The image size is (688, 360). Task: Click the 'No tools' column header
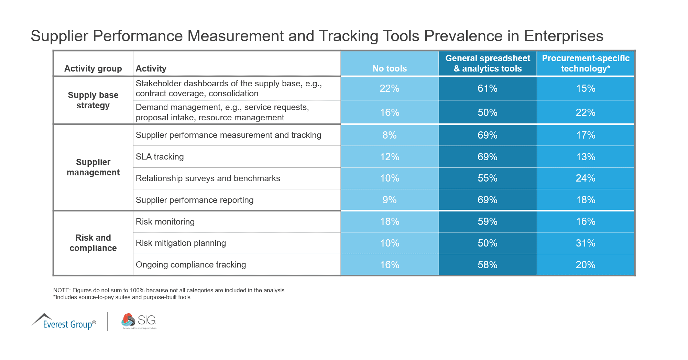[x=390, y=68]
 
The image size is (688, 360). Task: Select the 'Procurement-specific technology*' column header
[x=586, y=63]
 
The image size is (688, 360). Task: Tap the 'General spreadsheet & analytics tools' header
[x=488, y=63]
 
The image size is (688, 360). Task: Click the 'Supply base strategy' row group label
[x=93, y=100]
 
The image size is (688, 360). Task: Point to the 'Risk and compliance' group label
[x=93, y=243]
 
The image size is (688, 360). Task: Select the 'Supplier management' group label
[x=93, y=167]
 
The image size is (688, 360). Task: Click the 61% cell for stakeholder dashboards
[x=488, y=88]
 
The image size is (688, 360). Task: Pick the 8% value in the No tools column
[x=390, y=135]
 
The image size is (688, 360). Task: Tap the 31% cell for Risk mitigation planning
[x=586, y=243]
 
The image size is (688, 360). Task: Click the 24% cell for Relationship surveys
[x=586, y=178]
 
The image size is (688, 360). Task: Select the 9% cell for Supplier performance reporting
[x=390, y=200]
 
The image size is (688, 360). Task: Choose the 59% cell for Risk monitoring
[x=488, y=221]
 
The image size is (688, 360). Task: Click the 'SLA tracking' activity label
[x=160, y=157]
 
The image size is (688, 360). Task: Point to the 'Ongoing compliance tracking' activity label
[x=191, y=265]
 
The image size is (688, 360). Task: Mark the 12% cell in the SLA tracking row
[x=390, y=157]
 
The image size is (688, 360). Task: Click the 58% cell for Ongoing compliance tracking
[x=488, y=265]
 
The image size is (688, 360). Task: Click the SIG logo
[x=139, y=321]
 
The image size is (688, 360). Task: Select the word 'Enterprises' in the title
[x=564, y=36]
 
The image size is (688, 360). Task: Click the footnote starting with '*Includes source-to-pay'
[x=122, y=297]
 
